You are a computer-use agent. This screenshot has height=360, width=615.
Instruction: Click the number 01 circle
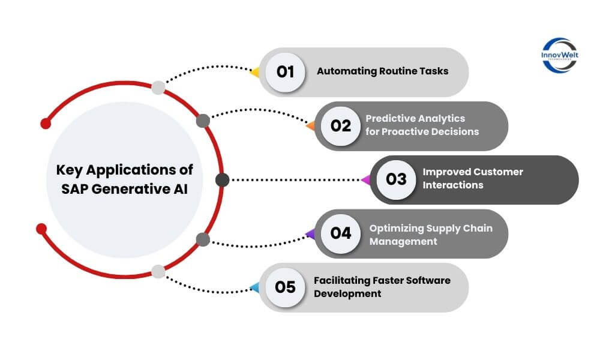pos(285,72)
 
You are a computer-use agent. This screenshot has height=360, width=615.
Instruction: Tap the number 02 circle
pos(340,126)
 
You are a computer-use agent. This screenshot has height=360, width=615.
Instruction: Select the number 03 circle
pos(396,179)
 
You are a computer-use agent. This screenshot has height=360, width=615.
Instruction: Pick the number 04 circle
pos(340,233)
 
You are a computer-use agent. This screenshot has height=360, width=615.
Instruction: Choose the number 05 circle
pos(285,287)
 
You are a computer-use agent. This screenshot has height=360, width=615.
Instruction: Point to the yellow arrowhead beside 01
pos(254,73)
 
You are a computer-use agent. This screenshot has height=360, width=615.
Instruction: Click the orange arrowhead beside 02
pos(310,126)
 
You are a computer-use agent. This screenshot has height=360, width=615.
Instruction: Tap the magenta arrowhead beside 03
pos(365,179)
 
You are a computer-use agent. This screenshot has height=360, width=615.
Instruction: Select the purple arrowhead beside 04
pos(310,233)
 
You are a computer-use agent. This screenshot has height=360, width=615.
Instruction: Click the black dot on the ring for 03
pos(222,179)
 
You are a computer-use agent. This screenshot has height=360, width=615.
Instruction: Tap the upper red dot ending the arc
pos(46,123)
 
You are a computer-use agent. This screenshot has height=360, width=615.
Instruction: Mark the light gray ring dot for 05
pos(158,271)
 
